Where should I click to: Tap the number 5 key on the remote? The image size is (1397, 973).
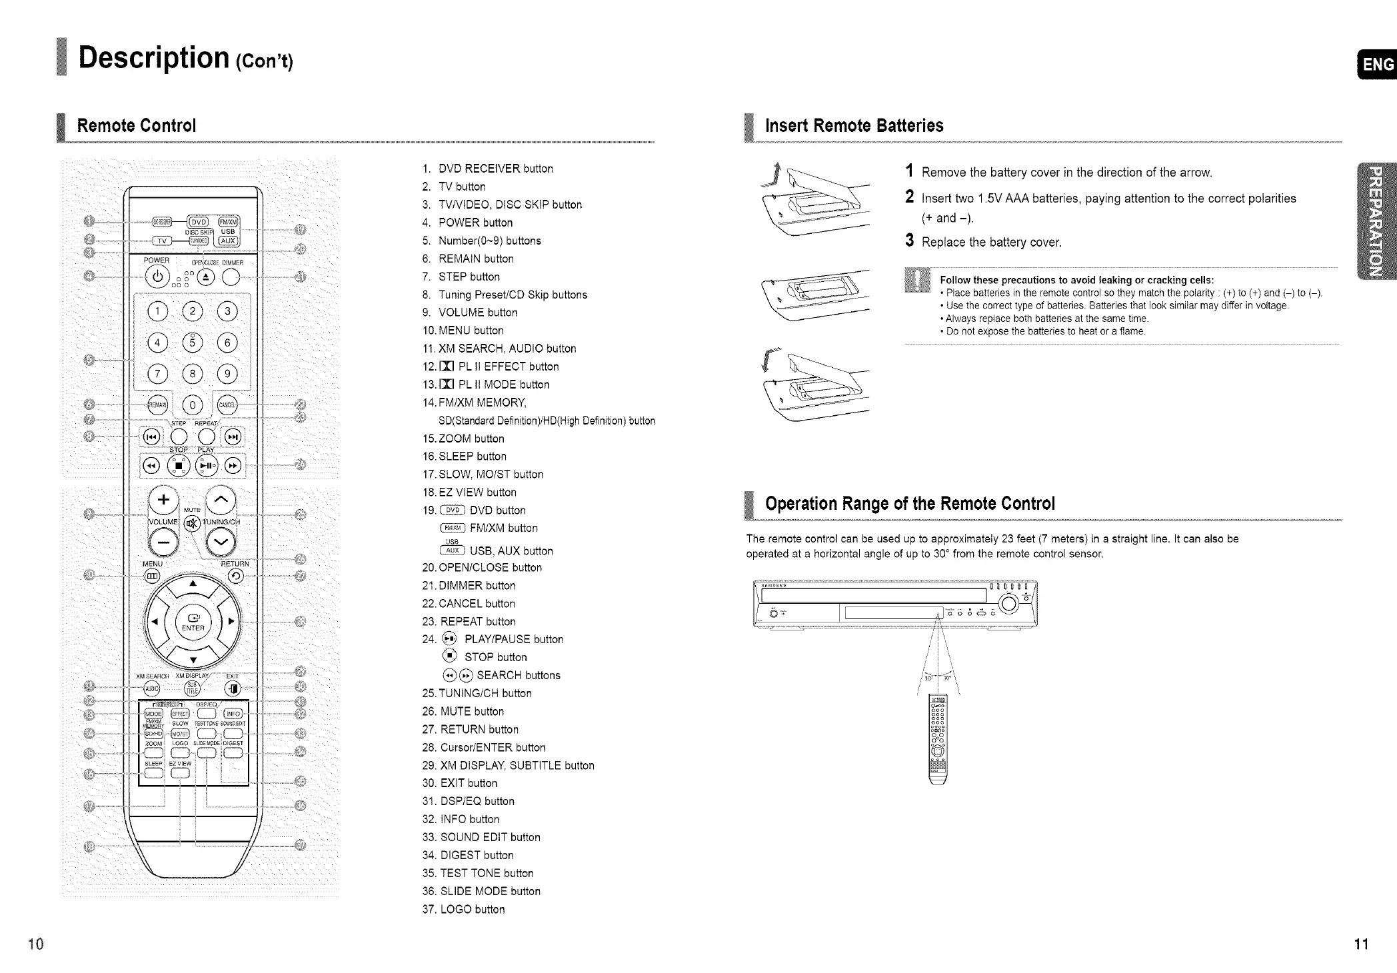(x=193, y=343)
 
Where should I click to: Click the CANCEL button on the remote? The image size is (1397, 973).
(x=227, y=405)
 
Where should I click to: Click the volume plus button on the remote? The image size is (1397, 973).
(x=163, y=500)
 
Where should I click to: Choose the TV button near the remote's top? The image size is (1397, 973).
(x=162, y=241)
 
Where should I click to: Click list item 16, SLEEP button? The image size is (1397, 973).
(x=465, y=457)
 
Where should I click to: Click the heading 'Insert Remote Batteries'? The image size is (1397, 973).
(x=854, y=126)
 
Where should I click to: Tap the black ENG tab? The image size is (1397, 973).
(x=1378, y=64)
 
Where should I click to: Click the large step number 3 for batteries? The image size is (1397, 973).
(x=909, y=241)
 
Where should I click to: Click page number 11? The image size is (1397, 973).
(x=1361, y=944)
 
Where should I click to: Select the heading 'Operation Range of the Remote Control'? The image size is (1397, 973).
(x=910, y=504)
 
